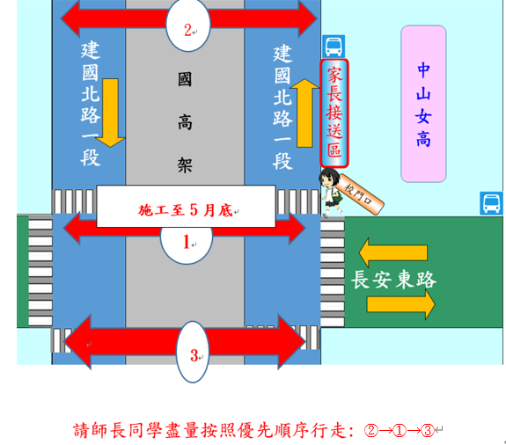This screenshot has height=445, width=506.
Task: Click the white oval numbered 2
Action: tap(188, 26)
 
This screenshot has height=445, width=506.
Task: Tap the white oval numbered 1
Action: tap(187, 245)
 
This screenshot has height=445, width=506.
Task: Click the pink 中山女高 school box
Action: tap(423, 104)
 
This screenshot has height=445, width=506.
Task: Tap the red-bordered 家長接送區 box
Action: tap(334, 113)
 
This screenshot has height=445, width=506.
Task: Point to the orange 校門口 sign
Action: tap(359, 193)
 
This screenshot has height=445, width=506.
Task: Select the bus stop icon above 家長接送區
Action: tap(334, 47)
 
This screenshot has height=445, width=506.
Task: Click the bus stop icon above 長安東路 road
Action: tap(491, 203)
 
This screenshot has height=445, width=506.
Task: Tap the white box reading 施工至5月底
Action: tap(187, 207)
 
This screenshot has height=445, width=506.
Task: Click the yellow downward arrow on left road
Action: tap(110, 113)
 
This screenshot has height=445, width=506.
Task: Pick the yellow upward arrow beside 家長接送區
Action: tap(304, 113)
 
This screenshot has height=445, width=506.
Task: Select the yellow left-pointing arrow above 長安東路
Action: tap(393, 252)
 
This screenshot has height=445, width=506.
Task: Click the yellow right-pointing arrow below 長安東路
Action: tap(401, 304)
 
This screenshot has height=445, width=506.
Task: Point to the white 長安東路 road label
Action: tap(393, 280)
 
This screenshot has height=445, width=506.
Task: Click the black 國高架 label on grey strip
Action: tap(185, 122)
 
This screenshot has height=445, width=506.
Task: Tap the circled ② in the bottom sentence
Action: tap(371, 431)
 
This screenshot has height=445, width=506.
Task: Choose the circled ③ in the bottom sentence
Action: tap(428, 431)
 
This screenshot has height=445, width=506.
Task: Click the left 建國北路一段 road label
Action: tap(91, 103)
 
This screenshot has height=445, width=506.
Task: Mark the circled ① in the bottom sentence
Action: tap(400, 431)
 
